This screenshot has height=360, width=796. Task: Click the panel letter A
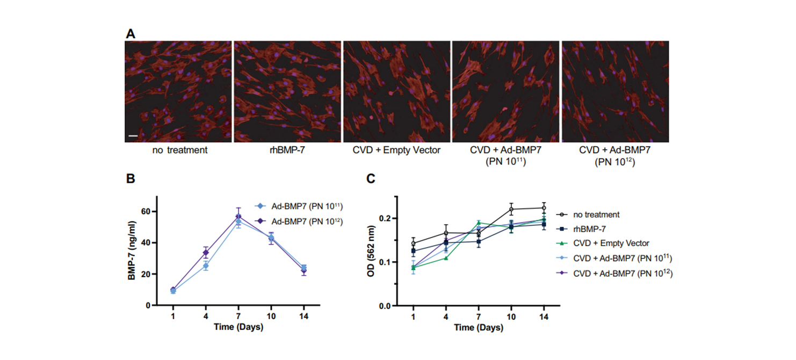pyautogui.click(x=131, y=34)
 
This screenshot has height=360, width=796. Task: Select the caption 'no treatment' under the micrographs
pyautogui.click(x=179, y=150)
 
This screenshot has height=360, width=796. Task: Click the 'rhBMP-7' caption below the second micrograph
pyautogui.click(x=287, y=150)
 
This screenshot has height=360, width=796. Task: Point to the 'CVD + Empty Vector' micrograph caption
pyautogui.click(x=397, y=150)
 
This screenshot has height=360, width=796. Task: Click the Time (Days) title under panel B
pyautogui.click(x=238, y=327)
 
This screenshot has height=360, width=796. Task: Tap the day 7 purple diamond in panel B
pyautogui.click(x=238, y=217)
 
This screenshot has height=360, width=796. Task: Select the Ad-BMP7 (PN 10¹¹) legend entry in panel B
pyautogui.click(x=301, y=206)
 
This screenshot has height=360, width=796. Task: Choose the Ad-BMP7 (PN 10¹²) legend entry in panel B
pyautogui.click(x=301, y=221)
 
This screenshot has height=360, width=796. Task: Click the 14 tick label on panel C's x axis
pyautogui.click(x=544, y=316)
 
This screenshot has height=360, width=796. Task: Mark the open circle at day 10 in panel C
pyautogui.click(x=511, y=209)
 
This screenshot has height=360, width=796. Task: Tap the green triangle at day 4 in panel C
pyautogui.click(x=446, y=258)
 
